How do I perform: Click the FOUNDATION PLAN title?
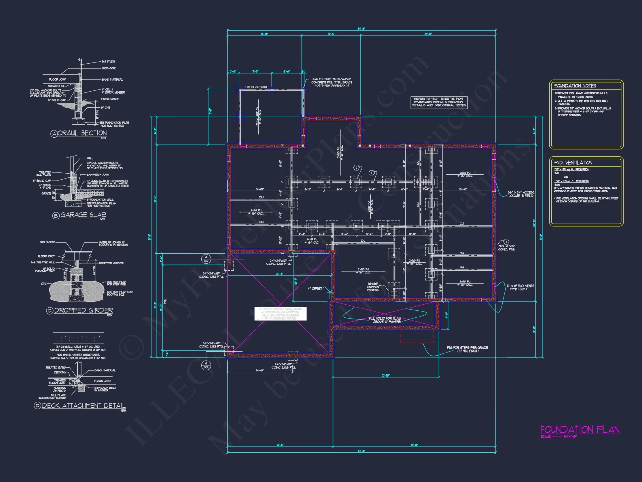579,430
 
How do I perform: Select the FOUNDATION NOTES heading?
575,86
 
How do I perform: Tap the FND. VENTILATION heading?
573,163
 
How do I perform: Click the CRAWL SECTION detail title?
82,133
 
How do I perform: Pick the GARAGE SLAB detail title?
83,215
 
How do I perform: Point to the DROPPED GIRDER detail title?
83,310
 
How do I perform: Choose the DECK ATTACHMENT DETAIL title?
83,406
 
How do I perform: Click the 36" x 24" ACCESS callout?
521,194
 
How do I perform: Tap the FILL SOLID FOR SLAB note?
385,320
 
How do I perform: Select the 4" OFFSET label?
315,289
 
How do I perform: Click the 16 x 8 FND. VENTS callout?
520,287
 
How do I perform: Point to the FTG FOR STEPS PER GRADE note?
467,349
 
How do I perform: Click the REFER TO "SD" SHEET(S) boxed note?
439,102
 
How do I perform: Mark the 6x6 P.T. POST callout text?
332,82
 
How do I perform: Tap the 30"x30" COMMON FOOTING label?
373,287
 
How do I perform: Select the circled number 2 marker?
356,168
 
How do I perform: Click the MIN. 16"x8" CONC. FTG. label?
506,248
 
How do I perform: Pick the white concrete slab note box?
280,314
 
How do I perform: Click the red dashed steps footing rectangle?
417,336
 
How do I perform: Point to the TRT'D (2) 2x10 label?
256,87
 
